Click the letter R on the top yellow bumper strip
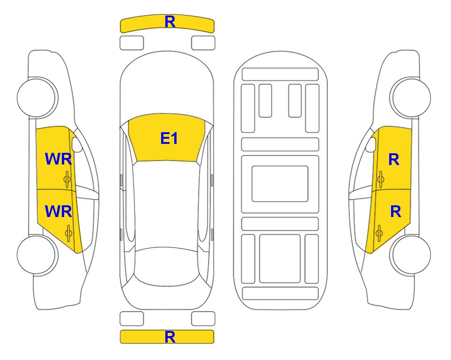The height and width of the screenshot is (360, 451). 170,22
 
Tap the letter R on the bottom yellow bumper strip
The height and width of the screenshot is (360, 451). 170,337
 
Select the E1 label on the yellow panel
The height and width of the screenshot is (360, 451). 169,138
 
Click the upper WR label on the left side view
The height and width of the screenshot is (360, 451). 59,159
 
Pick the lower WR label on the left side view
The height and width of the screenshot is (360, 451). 59,211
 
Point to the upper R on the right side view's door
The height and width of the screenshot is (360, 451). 394,159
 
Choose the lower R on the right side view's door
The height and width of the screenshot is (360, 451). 395,212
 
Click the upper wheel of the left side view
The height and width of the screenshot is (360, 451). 37,97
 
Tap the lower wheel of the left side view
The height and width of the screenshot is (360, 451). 37,255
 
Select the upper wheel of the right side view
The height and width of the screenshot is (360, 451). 410,97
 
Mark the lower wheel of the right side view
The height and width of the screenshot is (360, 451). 410,255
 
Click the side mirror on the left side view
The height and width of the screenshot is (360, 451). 77,144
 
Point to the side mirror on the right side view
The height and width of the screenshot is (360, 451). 371,144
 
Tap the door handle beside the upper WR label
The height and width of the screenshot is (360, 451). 67,179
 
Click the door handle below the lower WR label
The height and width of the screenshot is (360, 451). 68,232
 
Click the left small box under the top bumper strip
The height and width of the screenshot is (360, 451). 132,43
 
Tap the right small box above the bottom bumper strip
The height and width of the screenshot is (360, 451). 203,319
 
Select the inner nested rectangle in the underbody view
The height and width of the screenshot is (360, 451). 280,184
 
